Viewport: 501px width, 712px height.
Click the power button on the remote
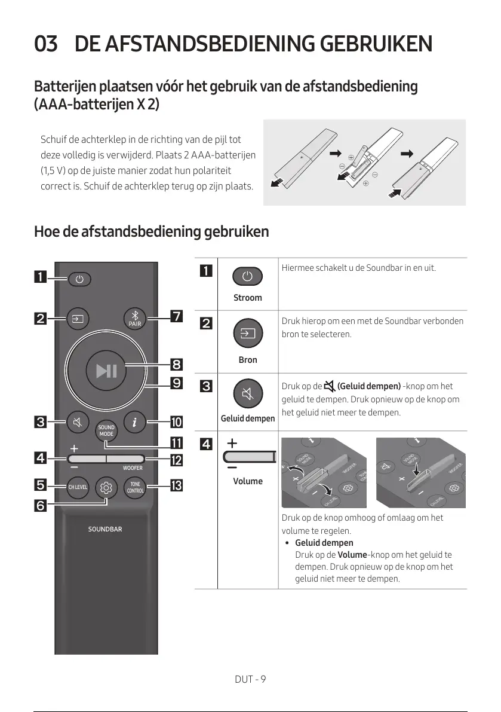[81, 279]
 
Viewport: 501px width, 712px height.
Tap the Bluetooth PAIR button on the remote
[134, 318]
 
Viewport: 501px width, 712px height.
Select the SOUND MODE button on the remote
[106, 430]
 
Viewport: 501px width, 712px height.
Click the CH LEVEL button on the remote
[78, 487]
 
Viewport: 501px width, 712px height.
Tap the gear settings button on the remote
[106, 487]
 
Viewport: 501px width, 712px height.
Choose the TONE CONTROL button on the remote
[135, 487]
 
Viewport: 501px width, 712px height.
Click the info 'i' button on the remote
[135, 423]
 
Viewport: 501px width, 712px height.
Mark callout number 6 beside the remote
[40, 505]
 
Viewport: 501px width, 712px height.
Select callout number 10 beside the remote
[176, 423]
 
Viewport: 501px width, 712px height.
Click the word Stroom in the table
[248, 298]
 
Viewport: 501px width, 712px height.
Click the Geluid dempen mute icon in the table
[248, 394]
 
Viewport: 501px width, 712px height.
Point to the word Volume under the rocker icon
[248, 481]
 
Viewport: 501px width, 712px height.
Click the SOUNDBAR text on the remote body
[105, 529]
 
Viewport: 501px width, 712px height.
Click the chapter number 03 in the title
[46, 44]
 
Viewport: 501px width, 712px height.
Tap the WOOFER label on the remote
[133, 468]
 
